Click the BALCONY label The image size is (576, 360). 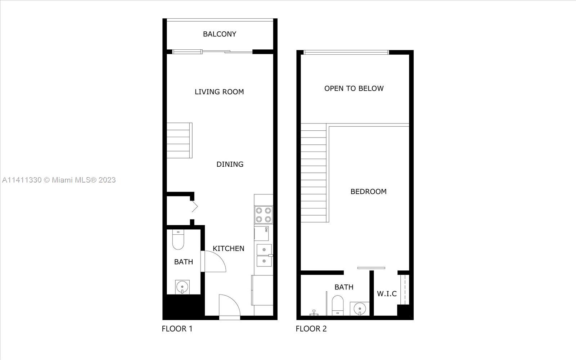219,34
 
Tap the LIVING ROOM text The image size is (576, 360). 219,92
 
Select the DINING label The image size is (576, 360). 230,164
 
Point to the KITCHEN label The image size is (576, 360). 228,248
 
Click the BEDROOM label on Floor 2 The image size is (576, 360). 369,192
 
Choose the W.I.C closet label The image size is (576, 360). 387,294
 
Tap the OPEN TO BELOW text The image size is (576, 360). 354,89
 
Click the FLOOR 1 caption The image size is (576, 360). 177,329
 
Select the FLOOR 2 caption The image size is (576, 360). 311,329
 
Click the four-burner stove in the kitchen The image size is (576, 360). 264,215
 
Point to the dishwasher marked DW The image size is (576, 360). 261,234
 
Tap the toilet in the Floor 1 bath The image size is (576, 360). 178,240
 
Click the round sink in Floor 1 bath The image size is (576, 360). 182,287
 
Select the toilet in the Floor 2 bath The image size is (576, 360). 338,306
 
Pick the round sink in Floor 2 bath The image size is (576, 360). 360,309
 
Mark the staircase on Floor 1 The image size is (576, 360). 180,140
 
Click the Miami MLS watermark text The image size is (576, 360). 59,180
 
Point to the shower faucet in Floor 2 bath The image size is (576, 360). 314,313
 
